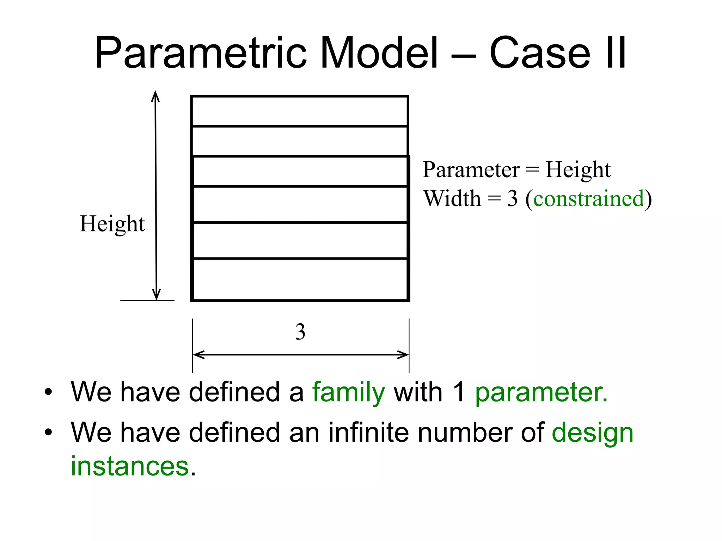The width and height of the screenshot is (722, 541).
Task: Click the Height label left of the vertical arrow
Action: (112, 224)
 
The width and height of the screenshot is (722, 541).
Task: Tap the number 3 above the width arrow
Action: (300, 332)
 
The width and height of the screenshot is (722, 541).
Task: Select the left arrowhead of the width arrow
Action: (198, 355)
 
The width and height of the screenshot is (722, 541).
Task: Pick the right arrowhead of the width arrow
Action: (403, 355)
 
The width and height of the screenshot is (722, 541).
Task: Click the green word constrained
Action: (589, 198)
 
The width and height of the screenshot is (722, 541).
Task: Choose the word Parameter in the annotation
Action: (471, 170)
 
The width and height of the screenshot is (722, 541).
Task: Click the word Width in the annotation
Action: (452, 198)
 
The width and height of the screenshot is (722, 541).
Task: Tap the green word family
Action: (348, 393)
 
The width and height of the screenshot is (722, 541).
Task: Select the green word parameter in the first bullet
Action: (541, 392)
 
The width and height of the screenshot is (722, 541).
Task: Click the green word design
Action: (593, 433)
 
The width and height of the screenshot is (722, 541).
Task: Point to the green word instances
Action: (130, 466)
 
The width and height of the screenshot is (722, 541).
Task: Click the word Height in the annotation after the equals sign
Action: (578, 170)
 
